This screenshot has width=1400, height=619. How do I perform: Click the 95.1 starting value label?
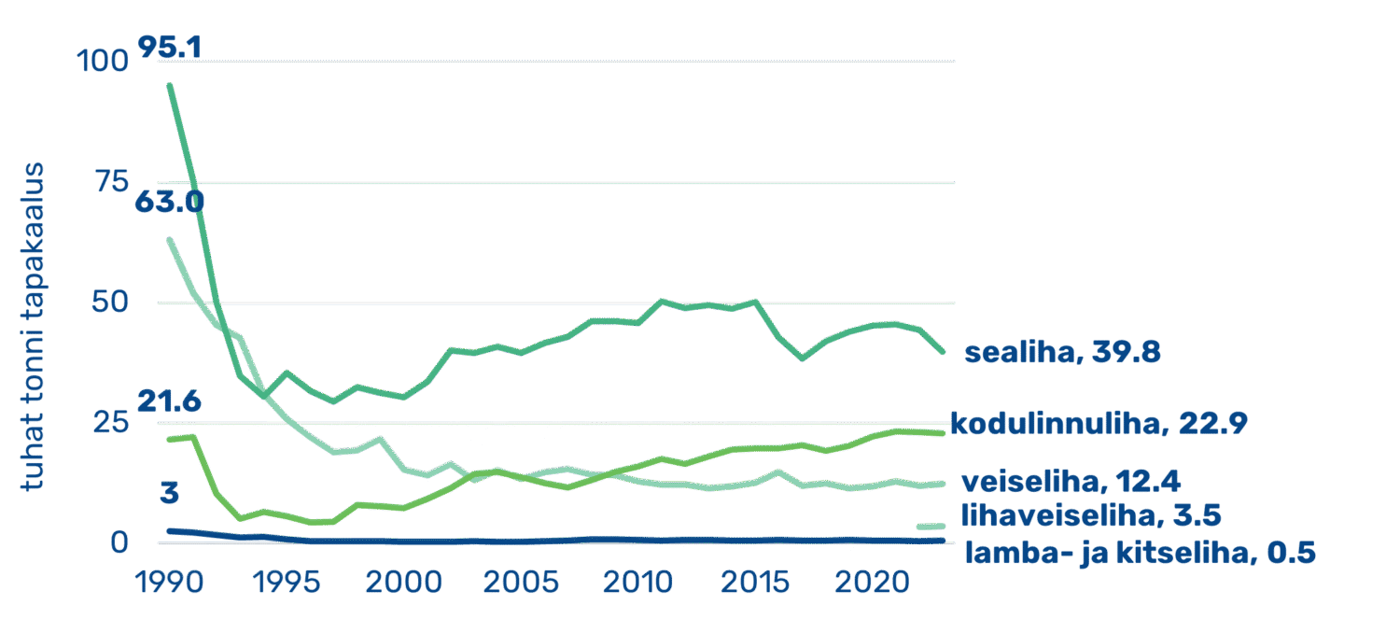click(x=169, y=47)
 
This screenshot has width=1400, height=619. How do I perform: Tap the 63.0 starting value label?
click(x=169, y=202)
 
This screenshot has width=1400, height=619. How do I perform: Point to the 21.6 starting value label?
click(x=169, y=402)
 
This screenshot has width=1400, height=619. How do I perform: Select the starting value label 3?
click(x=169, y=493)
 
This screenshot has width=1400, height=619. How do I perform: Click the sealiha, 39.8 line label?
click(x=1062, y=354)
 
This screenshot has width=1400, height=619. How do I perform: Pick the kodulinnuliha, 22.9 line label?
click(x=1099, y=423)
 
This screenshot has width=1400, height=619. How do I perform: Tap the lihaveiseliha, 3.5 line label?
click(x=1091, y=514)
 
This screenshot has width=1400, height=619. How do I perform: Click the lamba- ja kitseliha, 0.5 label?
click(x=1139, y=553)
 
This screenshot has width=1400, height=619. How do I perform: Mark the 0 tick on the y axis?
click(x=117, y=543)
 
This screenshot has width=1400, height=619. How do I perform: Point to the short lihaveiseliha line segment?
click(x=930, y=527)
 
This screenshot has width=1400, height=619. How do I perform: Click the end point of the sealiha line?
click(x=943, y=351)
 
